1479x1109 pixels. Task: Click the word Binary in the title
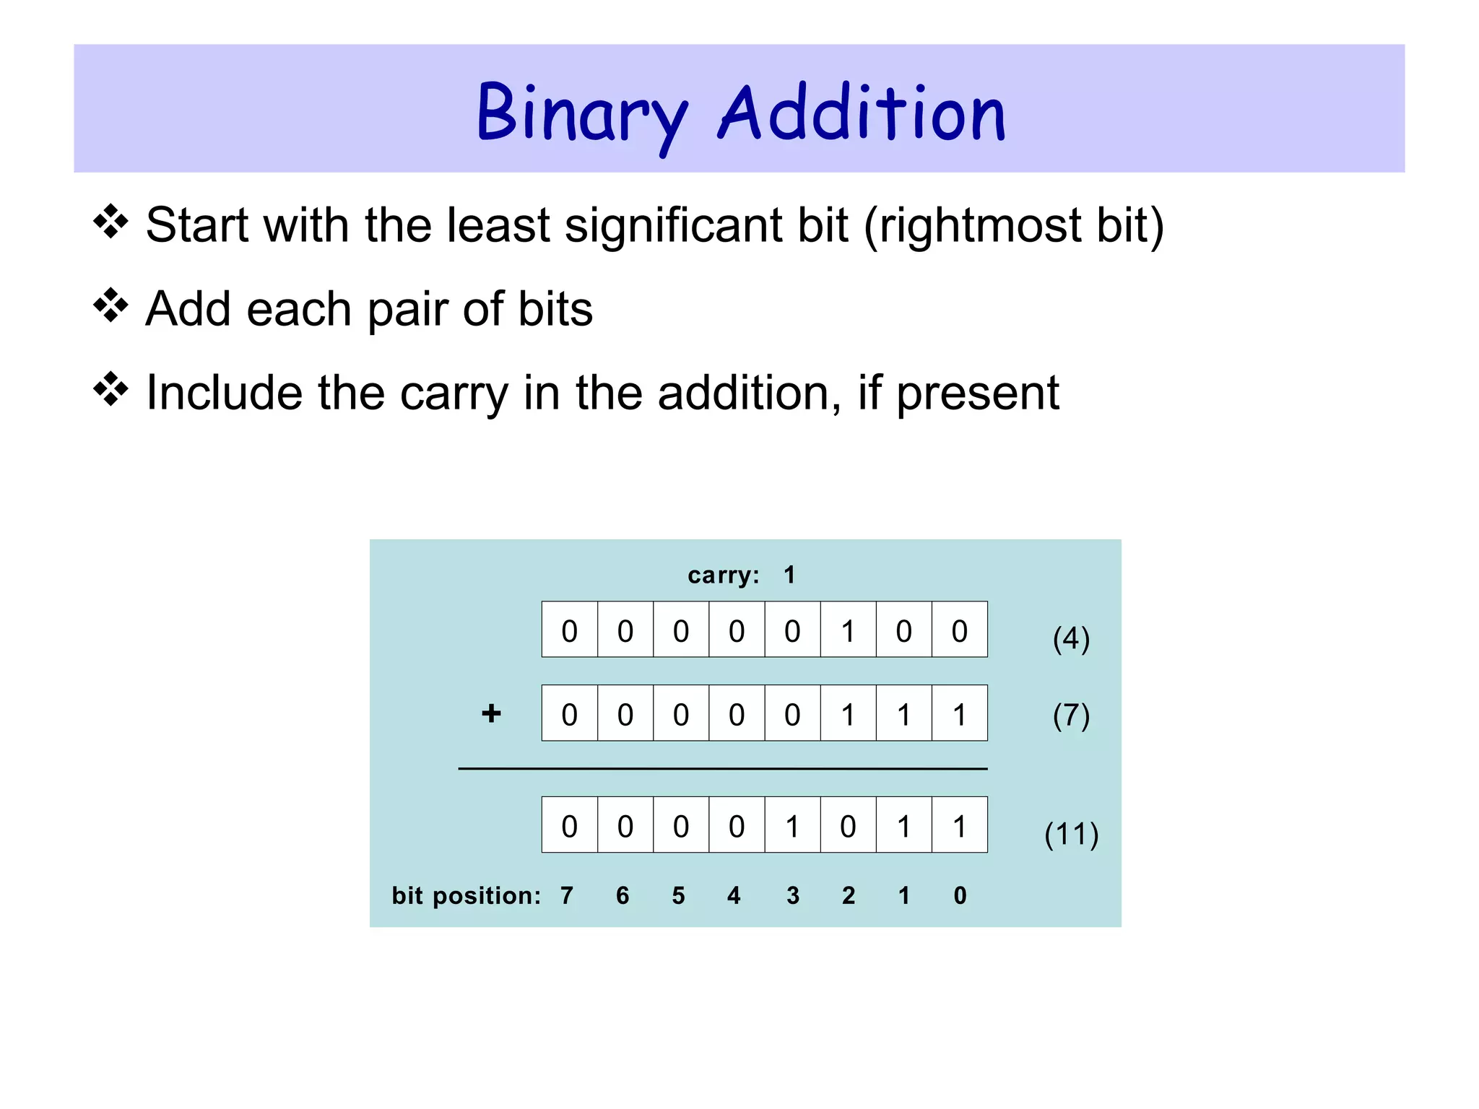581,114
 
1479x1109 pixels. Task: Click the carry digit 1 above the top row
789,575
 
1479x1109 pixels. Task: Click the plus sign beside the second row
491,713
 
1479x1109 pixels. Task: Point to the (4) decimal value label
1071,638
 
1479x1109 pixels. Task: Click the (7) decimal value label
1071,716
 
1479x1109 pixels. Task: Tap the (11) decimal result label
1071,834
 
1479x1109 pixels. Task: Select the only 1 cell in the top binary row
848,630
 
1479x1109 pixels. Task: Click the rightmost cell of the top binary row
959,630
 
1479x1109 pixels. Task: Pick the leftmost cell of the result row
570,825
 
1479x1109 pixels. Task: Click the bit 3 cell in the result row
792,825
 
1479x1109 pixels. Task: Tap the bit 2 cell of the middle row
848,713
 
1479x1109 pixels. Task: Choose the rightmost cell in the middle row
959,713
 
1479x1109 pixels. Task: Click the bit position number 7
567,895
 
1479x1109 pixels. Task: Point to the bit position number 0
960,895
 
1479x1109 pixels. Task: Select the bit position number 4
734,895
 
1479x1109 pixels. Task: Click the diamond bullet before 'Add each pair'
110,305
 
